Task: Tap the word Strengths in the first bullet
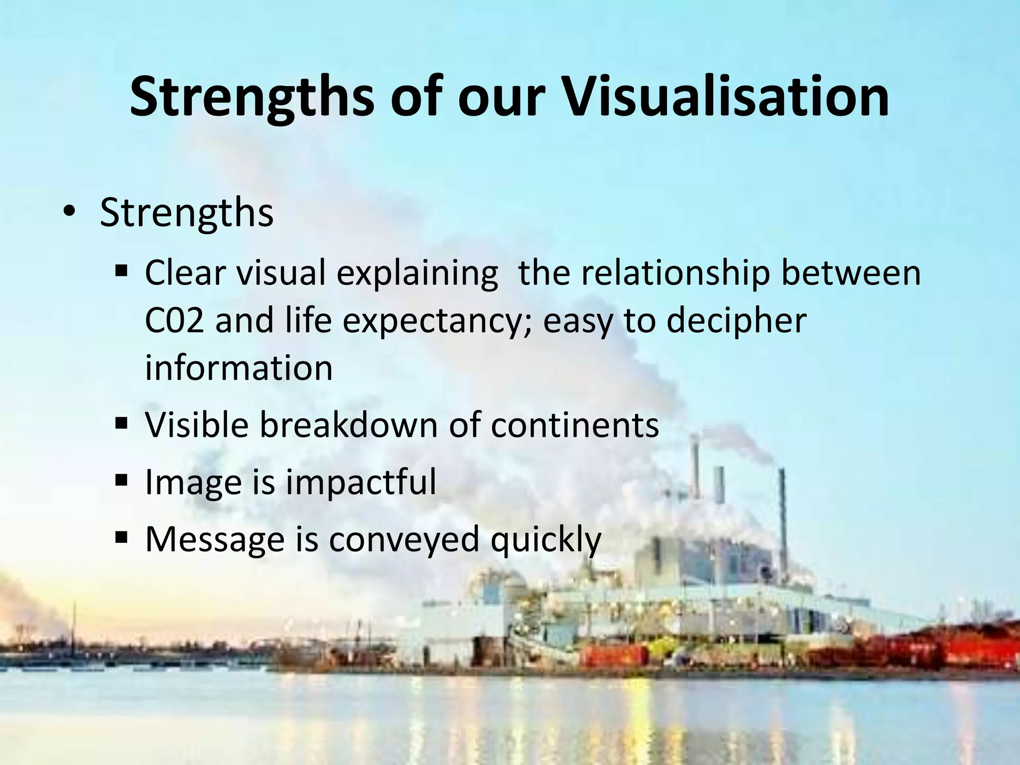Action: click(x=187, y=213)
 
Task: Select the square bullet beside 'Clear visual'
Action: click(x=121, y=272)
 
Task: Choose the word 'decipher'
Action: click(x=736, y=321)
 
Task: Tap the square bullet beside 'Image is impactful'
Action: click(x=121, y=481)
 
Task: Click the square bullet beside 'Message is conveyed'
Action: click(x=121, y=538)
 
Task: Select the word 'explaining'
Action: click(x=417, y=274)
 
